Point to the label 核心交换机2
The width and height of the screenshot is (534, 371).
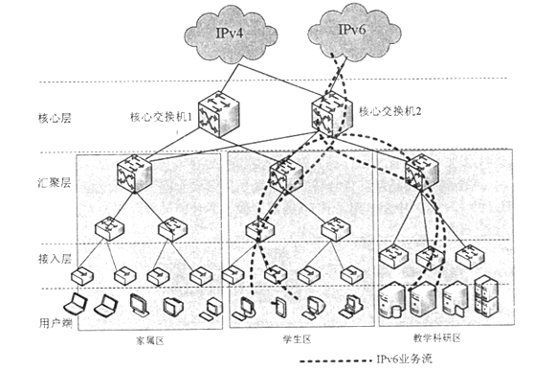pos(390,113)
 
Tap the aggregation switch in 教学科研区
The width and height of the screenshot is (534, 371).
pos(421,173)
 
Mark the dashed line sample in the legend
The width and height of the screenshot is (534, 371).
pos(334,362)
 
